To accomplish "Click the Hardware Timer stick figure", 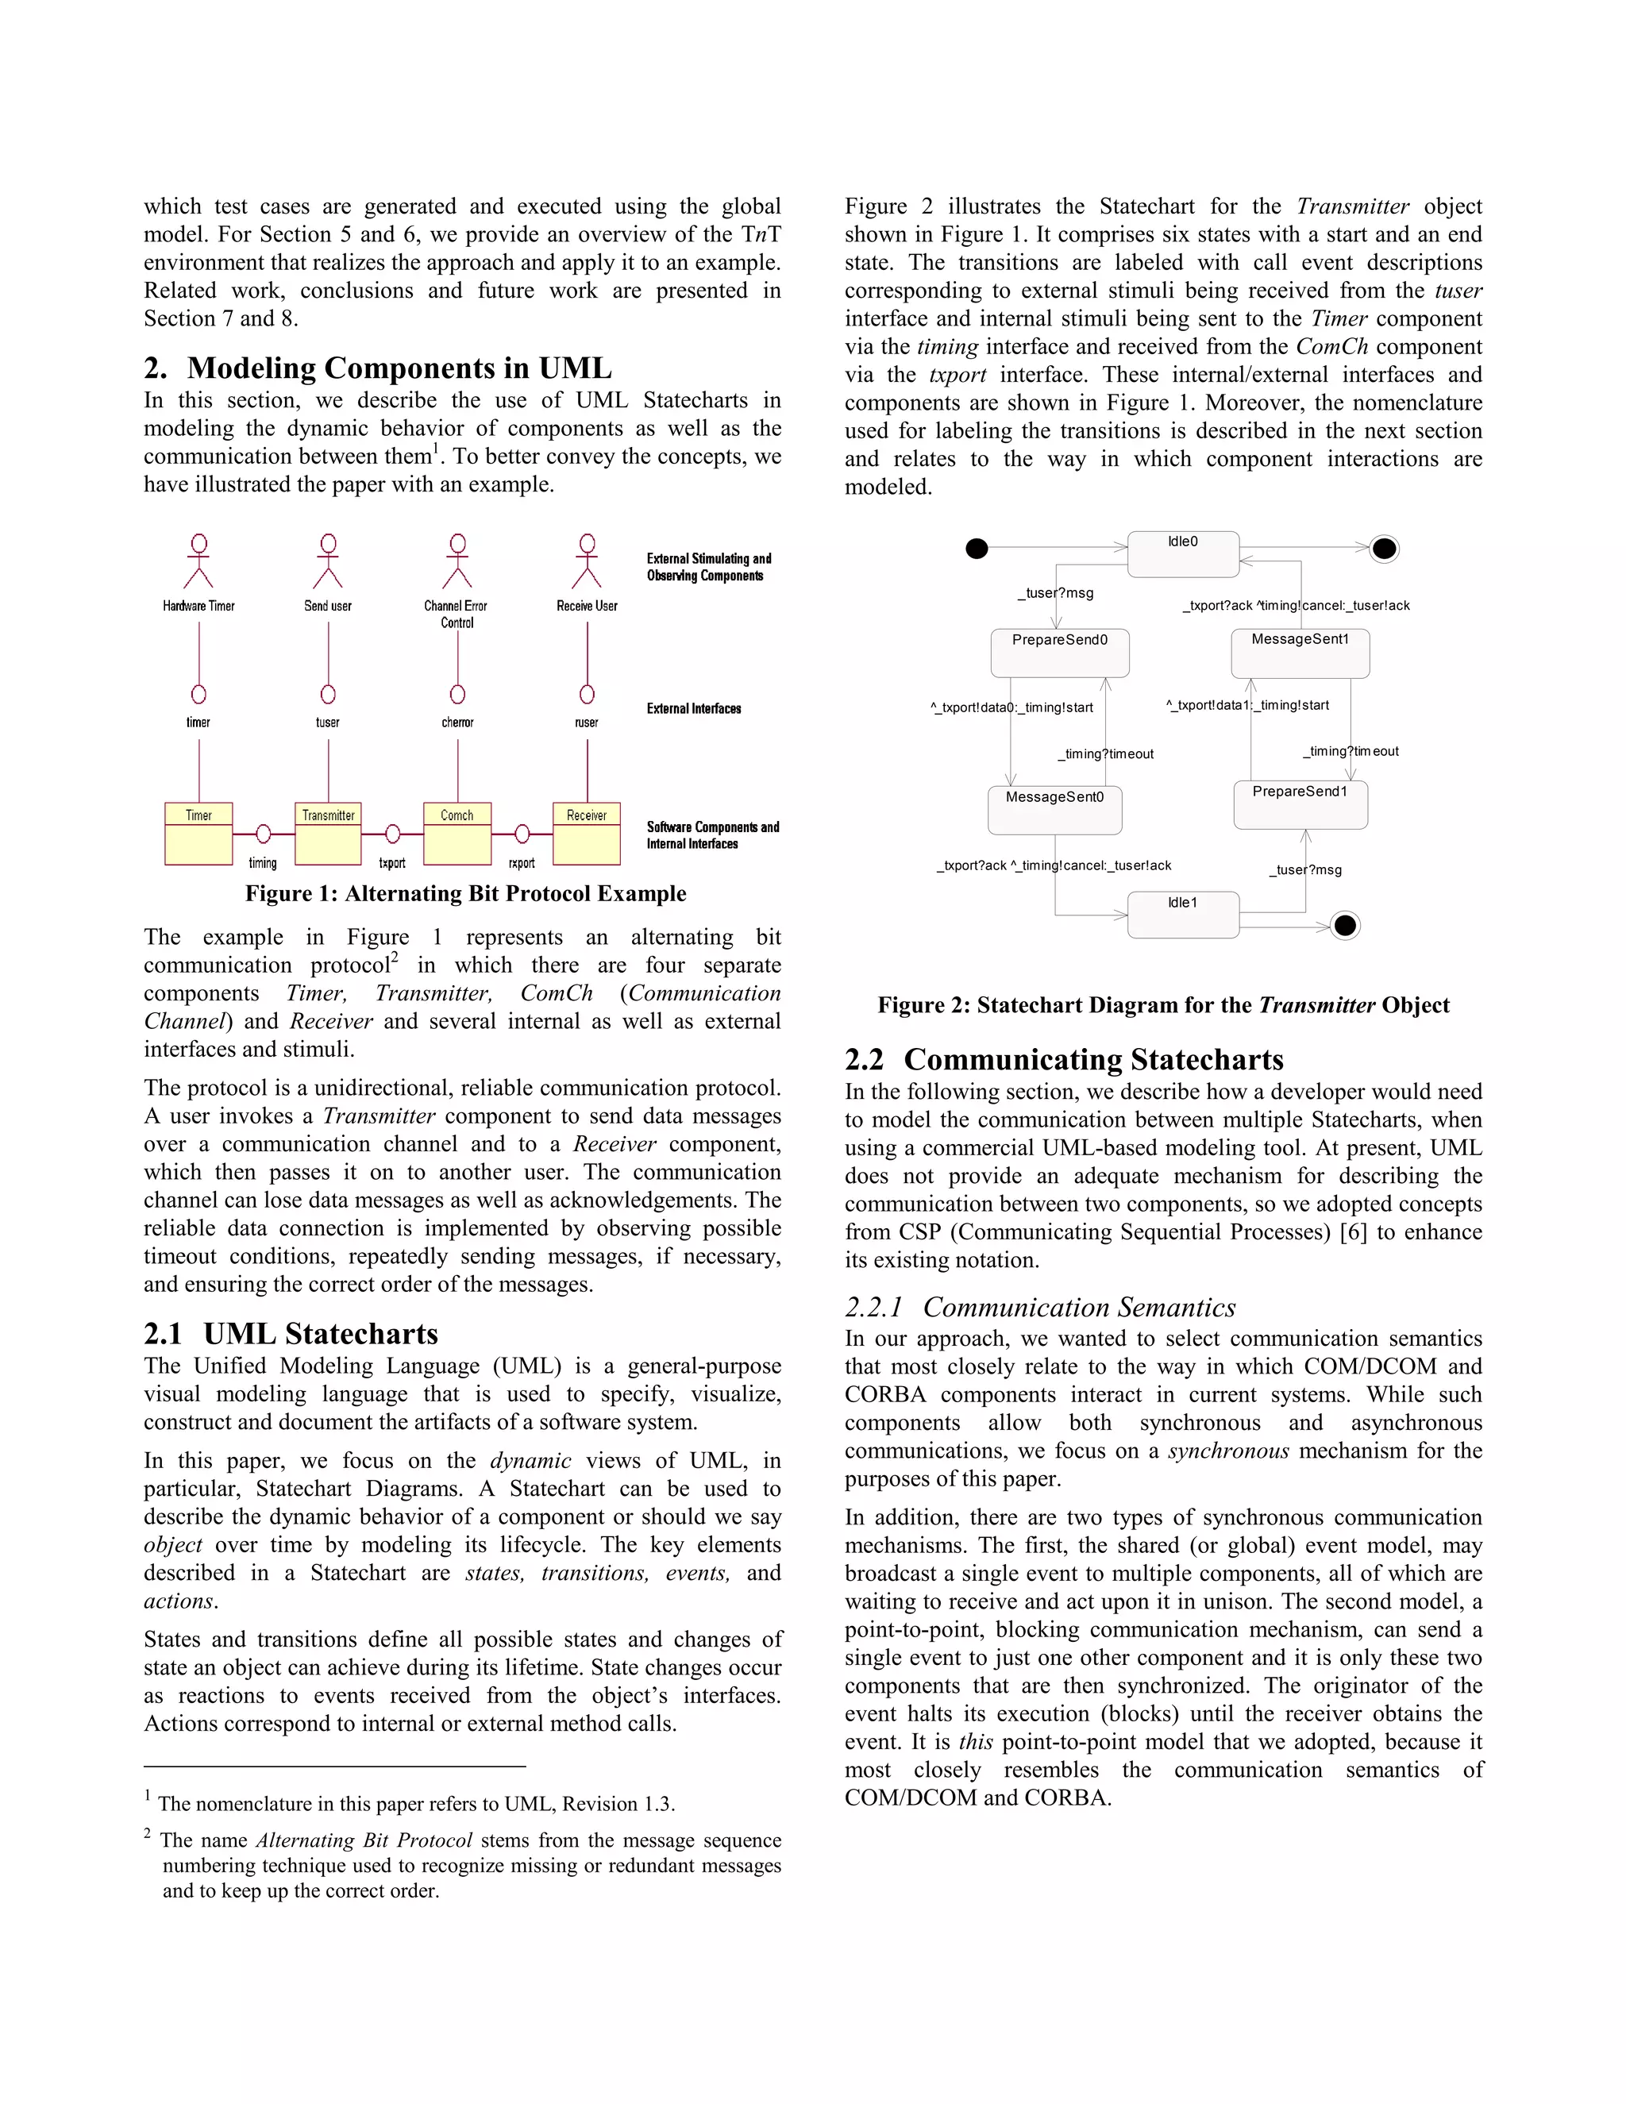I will pyautogui.click(x=198, y=561).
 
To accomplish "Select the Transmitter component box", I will pyautogui.click(x=329, y=834).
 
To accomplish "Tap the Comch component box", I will pyautogui.click(x=457, y=834).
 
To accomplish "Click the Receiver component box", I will pyautogui.click(x=587, y=834).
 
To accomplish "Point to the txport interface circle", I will pyautogui.click(x=392, y=834).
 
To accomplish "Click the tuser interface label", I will pyautogui.click(x=328, y=723).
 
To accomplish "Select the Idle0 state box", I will pyautogui.click(x=1183, y=554).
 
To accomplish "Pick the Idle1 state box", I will pyautogui.click(x=1183, y=914).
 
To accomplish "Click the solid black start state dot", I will pyautogui.click(x=977, y=548).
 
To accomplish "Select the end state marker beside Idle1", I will pyautogui.click(x=1345, y=926).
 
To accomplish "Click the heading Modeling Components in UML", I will pyautogui.click(x=378, y=368).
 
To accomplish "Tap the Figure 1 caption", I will pyautogui.click(x=465, y=894).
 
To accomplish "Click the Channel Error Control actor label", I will pyautogui.click(x=457, y=614).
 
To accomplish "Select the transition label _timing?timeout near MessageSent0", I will pyautogui.click(x=1105, y=754).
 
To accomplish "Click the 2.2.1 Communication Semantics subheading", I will pyautogui.click(x=1039, y=1308).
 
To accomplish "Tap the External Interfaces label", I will pyautogui.click(x=694, y=709).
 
